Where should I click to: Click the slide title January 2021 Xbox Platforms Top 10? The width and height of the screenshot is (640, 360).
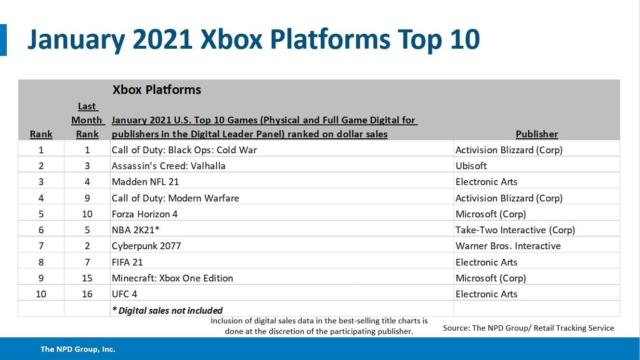tap(253, 40)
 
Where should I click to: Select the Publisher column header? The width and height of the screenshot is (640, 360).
tap(536, 134)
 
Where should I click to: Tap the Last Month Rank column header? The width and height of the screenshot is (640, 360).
tap(87, 120)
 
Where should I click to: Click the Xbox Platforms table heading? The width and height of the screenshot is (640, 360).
tap(157, 90)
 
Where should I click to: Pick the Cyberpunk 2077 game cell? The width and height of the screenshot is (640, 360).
tap(146, 246)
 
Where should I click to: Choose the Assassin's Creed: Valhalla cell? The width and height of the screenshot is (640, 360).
tap(169, 166)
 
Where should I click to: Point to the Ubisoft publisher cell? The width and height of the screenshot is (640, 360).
tap(471, 166)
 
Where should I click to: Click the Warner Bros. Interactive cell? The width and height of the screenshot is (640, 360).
tap(508, 246)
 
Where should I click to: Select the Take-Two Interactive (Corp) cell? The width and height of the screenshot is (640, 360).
tap(515, 230)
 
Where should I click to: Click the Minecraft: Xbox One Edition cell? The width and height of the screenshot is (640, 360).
tap(172, 278)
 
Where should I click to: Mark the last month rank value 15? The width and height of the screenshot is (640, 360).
tap(87, 278)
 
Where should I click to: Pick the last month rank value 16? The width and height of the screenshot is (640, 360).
tap(87, 294)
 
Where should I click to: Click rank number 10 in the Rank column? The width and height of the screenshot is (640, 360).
tap(41, 294)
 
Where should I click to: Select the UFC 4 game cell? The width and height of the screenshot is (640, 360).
tap(125, 294)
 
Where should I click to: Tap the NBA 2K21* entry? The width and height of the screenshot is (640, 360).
tap(135, 230)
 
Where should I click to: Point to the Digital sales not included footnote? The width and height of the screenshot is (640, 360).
tap(167, 310)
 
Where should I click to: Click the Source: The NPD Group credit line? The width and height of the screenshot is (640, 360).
tap(528, 328)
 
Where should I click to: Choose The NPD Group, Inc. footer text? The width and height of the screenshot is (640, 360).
tap(78, 349)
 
